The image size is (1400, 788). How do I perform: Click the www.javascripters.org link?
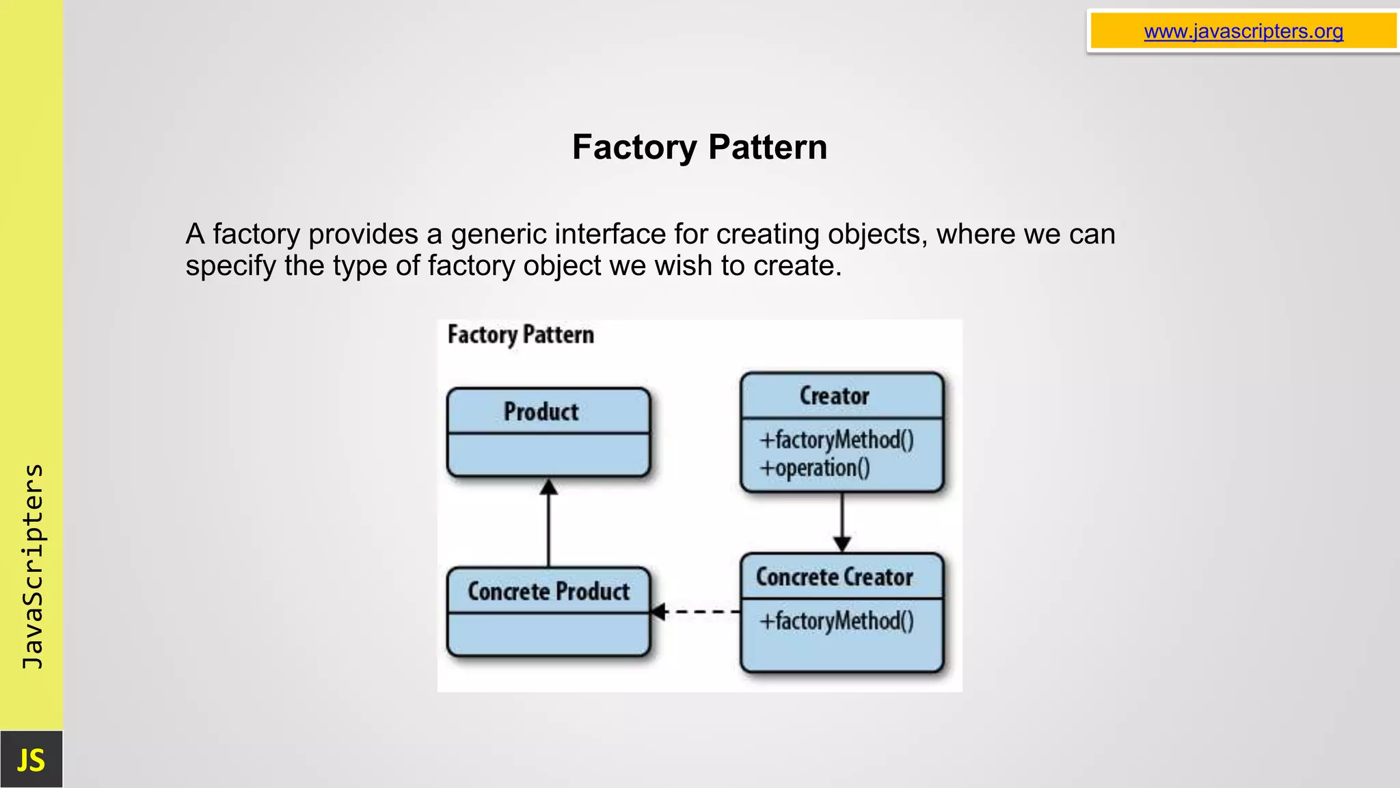[1243, 31]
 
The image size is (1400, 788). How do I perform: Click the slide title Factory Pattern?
[699, 147]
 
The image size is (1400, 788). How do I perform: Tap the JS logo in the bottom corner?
[31, 760]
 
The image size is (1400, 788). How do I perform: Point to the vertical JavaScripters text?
[33, 566]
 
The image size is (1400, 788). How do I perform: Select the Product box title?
[541, 412]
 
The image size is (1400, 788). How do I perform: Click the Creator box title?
[834, 396]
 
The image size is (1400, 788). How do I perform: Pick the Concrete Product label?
[548, 592]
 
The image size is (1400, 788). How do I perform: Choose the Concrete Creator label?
[834, 577]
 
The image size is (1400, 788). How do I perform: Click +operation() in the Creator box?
[815, 469]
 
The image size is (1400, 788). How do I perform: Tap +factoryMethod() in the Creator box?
[836, 440]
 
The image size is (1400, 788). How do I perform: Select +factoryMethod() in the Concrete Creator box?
[836, 621]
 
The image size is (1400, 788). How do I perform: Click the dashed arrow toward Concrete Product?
[696, 612]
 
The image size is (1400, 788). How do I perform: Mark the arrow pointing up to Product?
[548, 523]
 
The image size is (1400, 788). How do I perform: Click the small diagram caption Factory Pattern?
[520, 335]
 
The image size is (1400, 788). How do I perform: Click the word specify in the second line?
[230, 266]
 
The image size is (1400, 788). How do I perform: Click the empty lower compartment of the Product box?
[548, 454]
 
